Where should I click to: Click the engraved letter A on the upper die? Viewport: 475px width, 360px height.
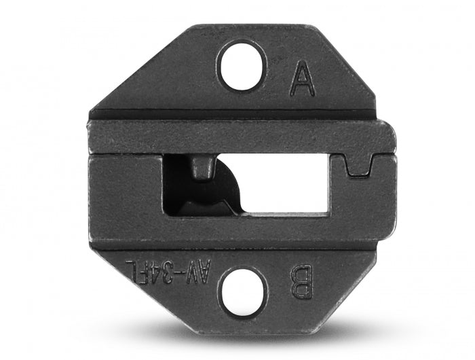[302, 79]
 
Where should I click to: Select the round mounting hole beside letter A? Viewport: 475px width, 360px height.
[241, 65]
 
